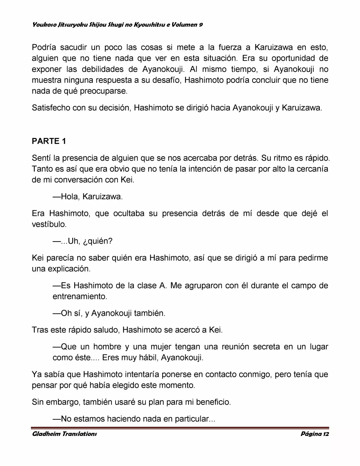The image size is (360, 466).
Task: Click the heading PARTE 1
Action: (x=49, y=141)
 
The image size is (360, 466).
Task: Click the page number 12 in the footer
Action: (x=326, y=434)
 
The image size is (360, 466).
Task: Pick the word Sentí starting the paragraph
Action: (x=41, y=158)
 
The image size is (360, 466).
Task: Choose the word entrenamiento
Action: (x=79, y=296)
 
